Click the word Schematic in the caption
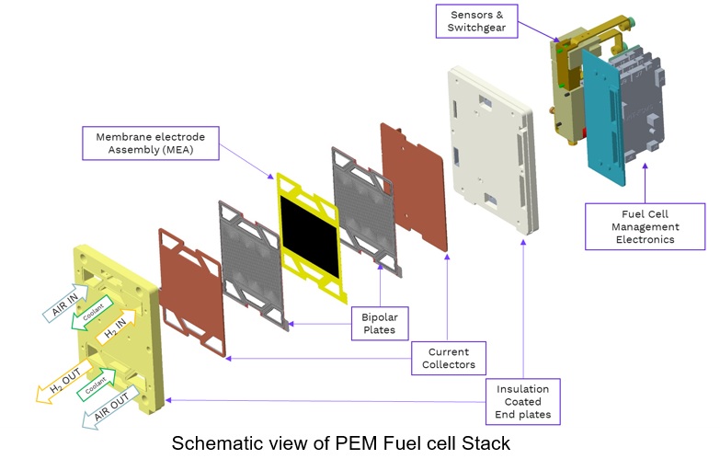[218, 442]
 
